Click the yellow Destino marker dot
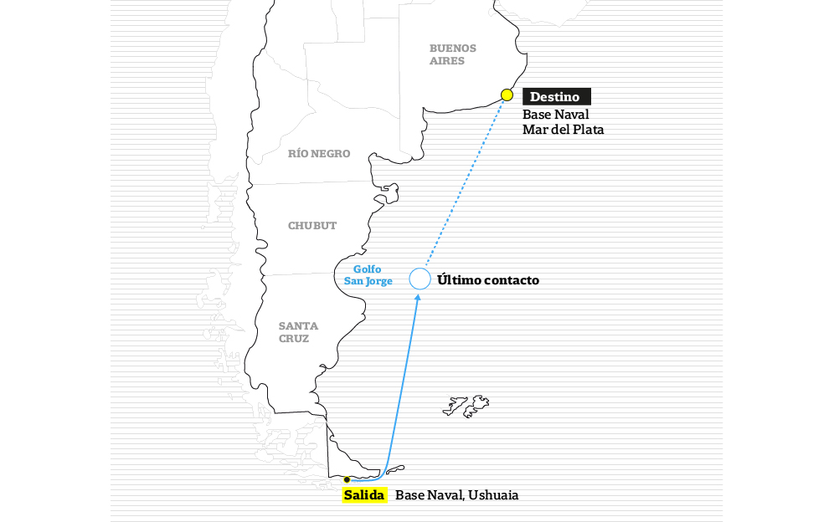pos(507,95)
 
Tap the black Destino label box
pos(556,97)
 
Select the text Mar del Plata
pos(563,130)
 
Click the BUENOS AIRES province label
pos(453,54)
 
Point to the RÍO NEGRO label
pos(319,154)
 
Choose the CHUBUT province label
pos(312,225)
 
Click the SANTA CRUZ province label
pos(298,332)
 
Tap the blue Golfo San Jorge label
pos(368,275)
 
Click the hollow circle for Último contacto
pos(420,269)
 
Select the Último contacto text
pos(487,280)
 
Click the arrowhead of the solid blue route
pos(418,298)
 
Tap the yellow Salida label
pos(364,495)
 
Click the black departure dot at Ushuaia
pos(347,480)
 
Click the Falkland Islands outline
pos(466,406)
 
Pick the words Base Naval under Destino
pos(556,115)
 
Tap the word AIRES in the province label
pos(447,60)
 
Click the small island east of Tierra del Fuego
pos(394,469)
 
